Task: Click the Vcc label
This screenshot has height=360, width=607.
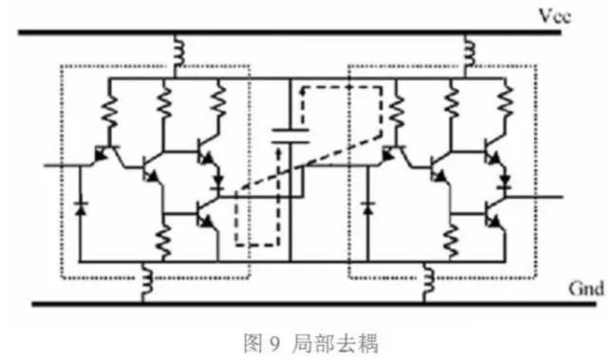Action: click(555, 16)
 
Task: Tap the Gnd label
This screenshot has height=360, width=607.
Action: click(586, 289)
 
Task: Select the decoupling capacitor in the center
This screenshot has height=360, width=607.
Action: click(290, 136)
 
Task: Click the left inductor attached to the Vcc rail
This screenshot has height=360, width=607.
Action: click(179, 51)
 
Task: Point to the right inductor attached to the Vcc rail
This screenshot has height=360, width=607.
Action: click(469, 51)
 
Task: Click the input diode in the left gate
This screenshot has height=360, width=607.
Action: click(80, 208)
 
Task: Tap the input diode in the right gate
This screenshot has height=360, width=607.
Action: click(368, 208)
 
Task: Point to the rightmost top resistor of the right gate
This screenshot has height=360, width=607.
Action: click(505, 100)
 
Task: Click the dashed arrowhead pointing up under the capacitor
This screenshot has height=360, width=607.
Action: click(278, 152)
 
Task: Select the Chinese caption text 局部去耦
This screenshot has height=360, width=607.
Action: click(335, 343)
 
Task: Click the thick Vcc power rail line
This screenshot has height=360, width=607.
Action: click(289, 32)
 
